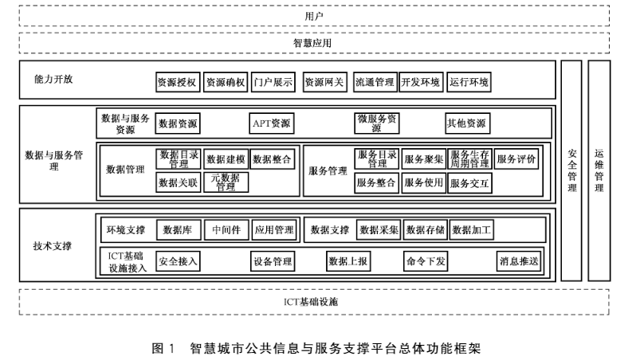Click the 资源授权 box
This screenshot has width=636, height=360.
coord(178,81)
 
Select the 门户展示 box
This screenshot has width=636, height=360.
coord(273,81)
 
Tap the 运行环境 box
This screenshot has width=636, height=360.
coord(469,81)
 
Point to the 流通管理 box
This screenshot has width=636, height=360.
coord(374,81)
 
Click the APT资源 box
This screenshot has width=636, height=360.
coord(272,123)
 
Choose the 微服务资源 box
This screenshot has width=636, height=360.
coord(377,123)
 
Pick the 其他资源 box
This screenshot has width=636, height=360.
coord(468,123)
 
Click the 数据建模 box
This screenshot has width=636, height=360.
coord(226,159)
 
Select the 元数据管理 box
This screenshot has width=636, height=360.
coord(226,182)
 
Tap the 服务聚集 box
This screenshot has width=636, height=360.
coord(423,159)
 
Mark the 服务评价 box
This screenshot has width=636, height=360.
coord(516,159)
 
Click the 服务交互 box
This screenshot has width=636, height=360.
coord(469,182)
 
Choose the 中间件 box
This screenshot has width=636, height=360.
coord(226,231)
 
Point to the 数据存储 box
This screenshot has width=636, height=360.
coord(425,231)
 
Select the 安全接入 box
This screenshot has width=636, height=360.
coord(178,260)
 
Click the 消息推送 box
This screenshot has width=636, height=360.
coord(519,260)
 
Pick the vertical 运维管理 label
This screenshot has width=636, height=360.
coord(599,170)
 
